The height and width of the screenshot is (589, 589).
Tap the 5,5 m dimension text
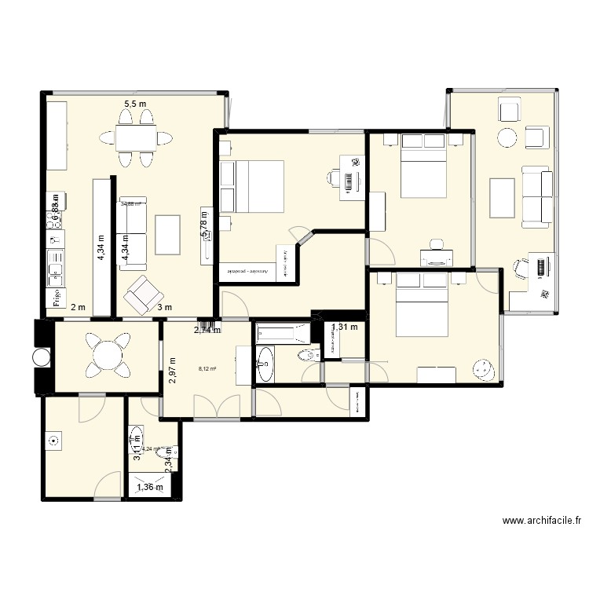click(135, 104)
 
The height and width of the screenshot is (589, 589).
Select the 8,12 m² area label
click(207, 367)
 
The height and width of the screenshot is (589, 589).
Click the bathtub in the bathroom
click(284, 332)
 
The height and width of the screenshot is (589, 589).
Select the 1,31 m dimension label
click(344, 327)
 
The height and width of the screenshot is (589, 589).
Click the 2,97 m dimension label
click(173, 369)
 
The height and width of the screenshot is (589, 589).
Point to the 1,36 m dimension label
click(150, 488)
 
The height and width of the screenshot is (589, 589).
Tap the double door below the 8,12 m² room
click(216, 407)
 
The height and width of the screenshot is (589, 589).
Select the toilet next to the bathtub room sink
click(309, 356)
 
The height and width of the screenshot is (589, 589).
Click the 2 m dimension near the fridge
click(78, 308)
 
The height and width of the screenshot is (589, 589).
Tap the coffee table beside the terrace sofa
click(502, 197)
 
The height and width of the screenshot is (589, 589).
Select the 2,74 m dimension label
click(208, 331)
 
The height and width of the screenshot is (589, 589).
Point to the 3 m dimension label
click(165, 308)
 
